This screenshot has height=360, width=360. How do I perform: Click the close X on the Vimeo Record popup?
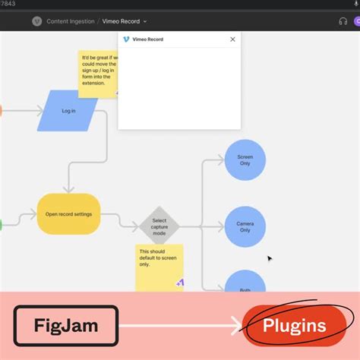pyautogui.click(x=232, y=39)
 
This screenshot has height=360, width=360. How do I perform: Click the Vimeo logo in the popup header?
pyautogui.click(x=126, y=39)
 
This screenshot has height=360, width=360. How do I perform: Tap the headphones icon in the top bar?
pyautogui.click(x=343, y=21)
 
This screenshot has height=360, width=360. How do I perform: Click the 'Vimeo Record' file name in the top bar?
pyautogui.click(x=121, y=21)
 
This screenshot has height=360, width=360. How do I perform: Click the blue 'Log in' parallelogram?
pyautogui.click(x=68, y=111)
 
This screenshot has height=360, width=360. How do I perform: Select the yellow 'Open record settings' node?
pyautogui.click(x=68, y=214)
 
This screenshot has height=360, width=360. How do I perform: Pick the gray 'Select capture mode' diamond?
pyautogui.click(x=159, y=226)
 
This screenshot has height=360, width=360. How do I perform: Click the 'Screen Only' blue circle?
pyautogui.click(x=245, y=160)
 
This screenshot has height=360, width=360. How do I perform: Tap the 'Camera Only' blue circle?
pyautogui.click(x=245, y=226)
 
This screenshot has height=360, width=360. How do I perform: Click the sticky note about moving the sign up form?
pyautogui.click(x=96, y=73)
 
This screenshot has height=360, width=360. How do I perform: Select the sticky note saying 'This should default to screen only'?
pyautogui.click(x=159, y=266)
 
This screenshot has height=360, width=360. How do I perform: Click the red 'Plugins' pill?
pyautogui.click(x=294, y=327)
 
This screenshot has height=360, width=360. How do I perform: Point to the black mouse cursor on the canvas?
pyautogui.click(x=269, y=258)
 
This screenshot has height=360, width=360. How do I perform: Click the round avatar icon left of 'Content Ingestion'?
pyautogui.click(x=36, y=21)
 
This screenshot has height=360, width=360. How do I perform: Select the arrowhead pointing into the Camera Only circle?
pyautogui.click(x=221, y=226)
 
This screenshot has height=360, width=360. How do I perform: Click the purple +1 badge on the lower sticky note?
pyautogui.click(x=180, y=283)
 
